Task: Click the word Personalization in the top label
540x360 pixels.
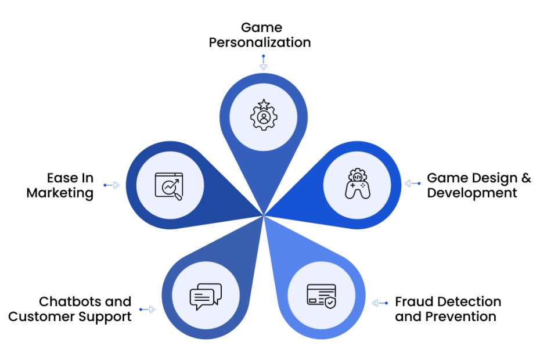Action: pyautogui.click(x=260, y=42)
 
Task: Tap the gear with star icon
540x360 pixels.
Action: pyautogui.click(x=264, y=115)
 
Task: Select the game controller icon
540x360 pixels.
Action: pyautogui.click(x=358, y=183)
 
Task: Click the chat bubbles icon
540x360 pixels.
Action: pyautogui.click(x=206, y=296)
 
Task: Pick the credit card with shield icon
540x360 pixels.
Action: pyautogui.click(x=321, y=296)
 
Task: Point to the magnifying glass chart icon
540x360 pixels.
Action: pyautogui.click(x=169, y=186)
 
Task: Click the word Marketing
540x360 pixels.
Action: pyautogui.click(x=60, y=193)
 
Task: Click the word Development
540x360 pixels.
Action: pyautogui.click(x=472, y=193)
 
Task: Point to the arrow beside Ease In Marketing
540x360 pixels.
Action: pyautogui.click(x=111, y=185)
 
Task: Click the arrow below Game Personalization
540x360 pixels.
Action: pyautogui.click(x=264, y=62)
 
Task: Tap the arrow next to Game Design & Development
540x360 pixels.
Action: pyautogui.click(x=413, y=183)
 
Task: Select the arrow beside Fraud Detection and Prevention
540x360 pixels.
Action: pyautogui.click(x=380, y=303)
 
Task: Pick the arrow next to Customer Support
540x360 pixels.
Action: pyautogui.click(x=147, y=309)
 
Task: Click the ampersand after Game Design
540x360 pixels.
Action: pyautogui.click(x=526, y=178)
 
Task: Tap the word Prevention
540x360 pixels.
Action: pyautogui.click(x=461, y=316)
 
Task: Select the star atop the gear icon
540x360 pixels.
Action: pyautogui.click(x=264, y=104)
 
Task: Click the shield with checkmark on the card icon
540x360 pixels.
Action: pyautogui.click(x=330, y=303)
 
